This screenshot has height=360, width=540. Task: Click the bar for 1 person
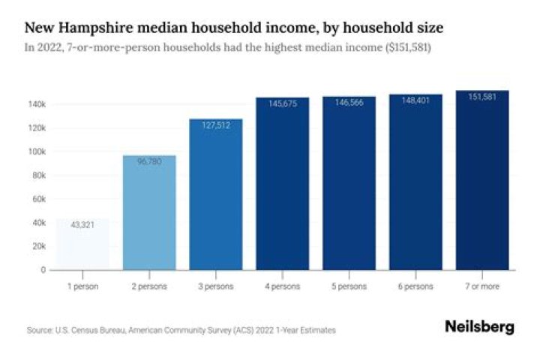pyautogui.click(x=82, y=244)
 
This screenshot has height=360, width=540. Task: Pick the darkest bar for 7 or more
pyautogui.click(x=482, y=180)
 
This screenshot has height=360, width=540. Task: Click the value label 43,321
pyautogui.click(x=82, y=225)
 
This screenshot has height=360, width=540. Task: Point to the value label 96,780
pyautogui.click(x=149, y=161)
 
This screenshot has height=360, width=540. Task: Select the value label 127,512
pyautogui.click(x=216, y=125)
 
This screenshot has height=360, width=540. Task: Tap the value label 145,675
pyautogui.click(x=282, y=103)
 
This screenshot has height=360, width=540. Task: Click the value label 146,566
pyautogui.click(x=349, y=102)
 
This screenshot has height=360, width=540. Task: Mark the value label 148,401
pyautogui.click(x=415, y=100)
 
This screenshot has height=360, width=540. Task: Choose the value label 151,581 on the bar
pyautogui.click(x=482, y=97)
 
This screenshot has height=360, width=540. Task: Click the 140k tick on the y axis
pyautogui.click(x=37, y=104)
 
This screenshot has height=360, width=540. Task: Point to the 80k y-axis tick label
pyautogui.click(x=39, y=175)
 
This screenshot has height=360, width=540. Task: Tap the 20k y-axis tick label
pyautogui.click(x=39, y=247)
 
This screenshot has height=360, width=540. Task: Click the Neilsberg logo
pyautogui.click(x=479, y=328)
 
